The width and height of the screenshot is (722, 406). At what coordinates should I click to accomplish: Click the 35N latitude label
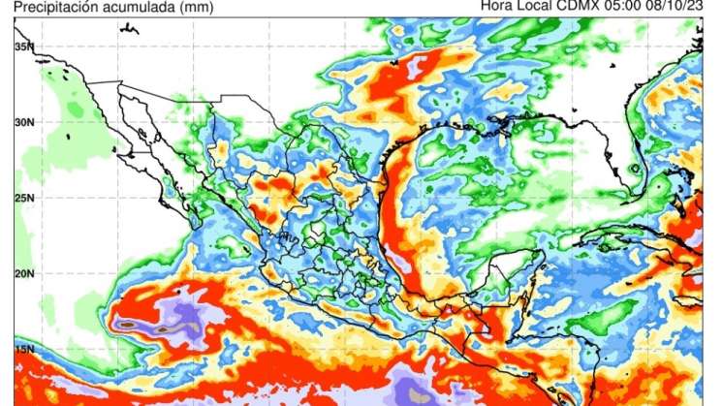23,47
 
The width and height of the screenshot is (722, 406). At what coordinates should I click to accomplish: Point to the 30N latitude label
23,122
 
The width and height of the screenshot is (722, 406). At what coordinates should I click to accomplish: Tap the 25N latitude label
23,198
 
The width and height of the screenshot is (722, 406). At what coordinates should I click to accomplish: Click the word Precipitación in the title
43,8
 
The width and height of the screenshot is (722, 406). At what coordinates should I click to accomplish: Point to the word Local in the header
540,8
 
